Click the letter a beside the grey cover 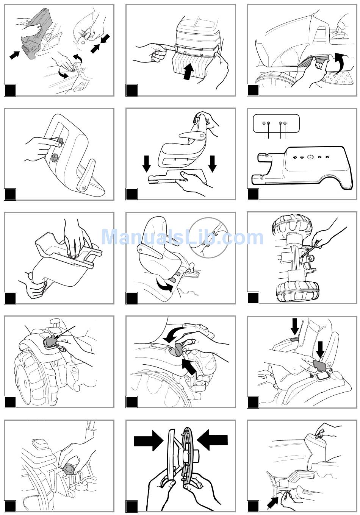(x=330, y=370)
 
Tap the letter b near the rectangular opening (x=312, y=376)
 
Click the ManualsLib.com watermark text (x=182, y=237)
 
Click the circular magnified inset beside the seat (x=209, y=238)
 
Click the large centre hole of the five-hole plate (x=310, y=157)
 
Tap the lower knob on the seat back (x=55, y=157)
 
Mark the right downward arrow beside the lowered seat (x=212, y=164)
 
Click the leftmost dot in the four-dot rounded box (x=264, y=123)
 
